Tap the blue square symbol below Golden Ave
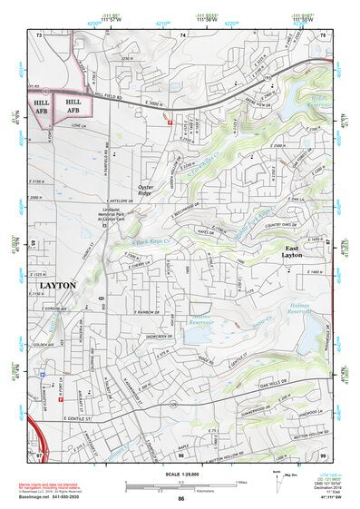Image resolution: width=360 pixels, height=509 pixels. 44,373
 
